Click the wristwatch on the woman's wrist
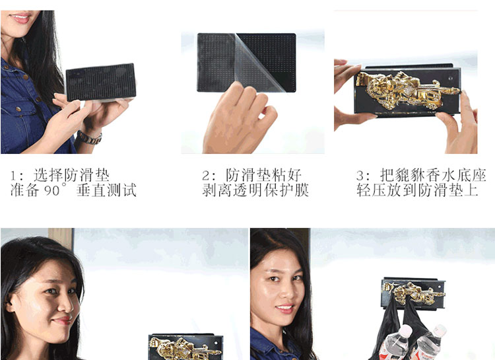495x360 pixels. pos(90,138)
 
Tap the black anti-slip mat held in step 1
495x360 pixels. pos(101,82)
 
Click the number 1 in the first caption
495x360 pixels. pos(13,176)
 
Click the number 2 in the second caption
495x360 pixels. pos(205,176)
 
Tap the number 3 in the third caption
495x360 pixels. pos(360,176)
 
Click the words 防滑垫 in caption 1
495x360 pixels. pos(86,176)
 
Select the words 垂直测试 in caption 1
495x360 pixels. pos(106,190)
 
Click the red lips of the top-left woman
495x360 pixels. pos(20,18)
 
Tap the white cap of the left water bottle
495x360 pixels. pos(405,330)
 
